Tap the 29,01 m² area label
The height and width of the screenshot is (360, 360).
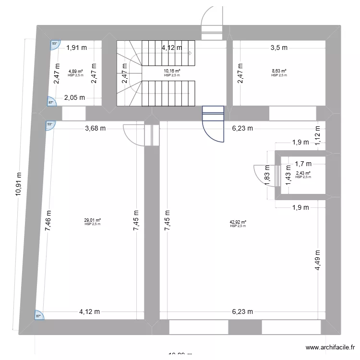coord(93,221)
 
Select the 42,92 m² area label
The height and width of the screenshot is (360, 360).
coord(238,222)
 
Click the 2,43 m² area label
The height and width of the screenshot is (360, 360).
coord(303,174)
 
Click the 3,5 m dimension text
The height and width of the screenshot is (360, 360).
coord(279,48)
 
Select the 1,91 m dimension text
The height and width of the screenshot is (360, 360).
coord(76,48)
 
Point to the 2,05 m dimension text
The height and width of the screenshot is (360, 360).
coord(75,98)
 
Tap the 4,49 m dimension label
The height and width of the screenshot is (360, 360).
coord(318,260)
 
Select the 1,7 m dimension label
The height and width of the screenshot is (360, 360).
coord(303,164)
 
